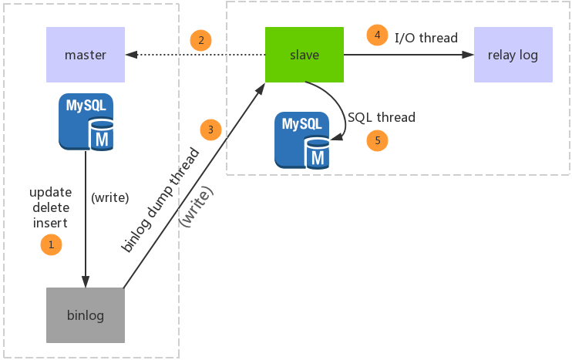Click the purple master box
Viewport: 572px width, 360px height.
pos(86,55)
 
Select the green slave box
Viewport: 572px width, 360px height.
pos(304,55)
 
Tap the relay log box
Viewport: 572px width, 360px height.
pos(513,55)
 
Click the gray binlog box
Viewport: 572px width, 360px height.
pos(86,315)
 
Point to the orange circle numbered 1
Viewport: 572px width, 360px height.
pos(50,244)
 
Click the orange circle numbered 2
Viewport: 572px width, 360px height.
pos(200,40)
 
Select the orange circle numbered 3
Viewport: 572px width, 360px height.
pos(210,129)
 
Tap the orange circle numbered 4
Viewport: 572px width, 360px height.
pos(377,36)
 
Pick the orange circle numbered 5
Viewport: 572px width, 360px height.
pos(377,140)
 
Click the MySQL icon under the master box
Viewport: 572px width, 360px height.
pos(86,121)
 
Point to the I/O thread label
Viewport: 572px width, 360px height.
pos(426,37)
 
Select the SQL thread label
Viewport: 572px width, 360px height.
pos(381,118)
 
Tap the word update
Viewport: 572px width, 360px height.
pos(50,192)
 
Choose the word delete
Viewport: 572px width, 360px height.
pos(50,207)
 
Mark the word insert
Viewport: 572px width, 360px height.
pos(50,223)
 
